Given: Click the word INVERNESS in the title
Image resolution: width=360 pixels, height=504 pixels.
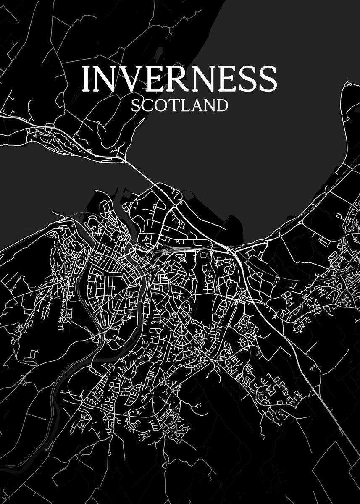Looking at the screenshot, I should click(179, 79).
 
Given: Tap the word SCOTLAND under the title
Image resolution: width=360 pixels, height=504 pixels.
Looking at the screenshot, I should click(179, 105).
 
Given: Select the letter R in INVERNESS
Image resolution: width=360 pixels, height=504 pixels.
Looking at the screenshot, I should click(175, 79).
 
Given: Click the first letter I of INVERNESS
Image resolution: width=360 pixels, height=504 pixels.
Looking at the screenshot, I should click(86, 79).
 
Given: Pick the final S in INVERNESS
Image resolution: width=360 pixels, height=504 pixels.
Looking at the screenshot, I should click(268, 79).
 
